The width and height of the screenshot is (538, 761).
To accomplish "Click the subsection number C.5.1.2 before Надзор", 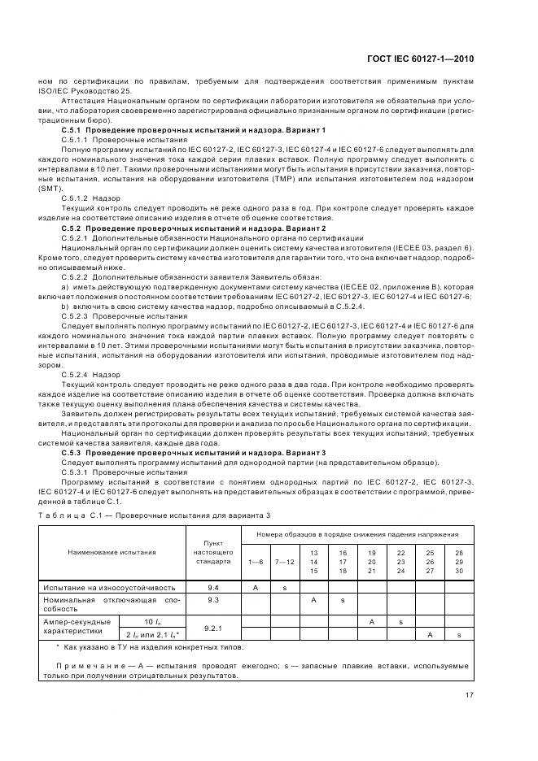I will coord(78,198).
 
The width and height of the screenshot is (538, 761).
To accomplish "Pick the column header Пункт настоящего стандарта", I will coord(214,552).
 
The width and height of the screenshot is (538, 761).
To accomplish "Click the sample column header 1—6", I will coord(256,561).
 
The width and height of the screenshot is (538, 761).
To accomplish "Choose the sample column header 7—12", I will coord(285,561).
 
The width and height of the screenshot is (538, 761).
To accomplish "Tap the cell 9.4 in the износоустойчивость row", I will coord(214,586).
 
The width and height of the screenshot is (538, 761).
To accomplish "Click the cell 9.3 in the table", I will coord(214,599).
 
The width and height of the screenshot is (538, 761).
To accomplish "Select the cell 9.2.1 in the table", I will coord(214,628).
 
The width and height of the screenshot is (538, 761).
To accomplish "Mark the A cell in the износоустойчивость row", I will coord(256,586).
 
